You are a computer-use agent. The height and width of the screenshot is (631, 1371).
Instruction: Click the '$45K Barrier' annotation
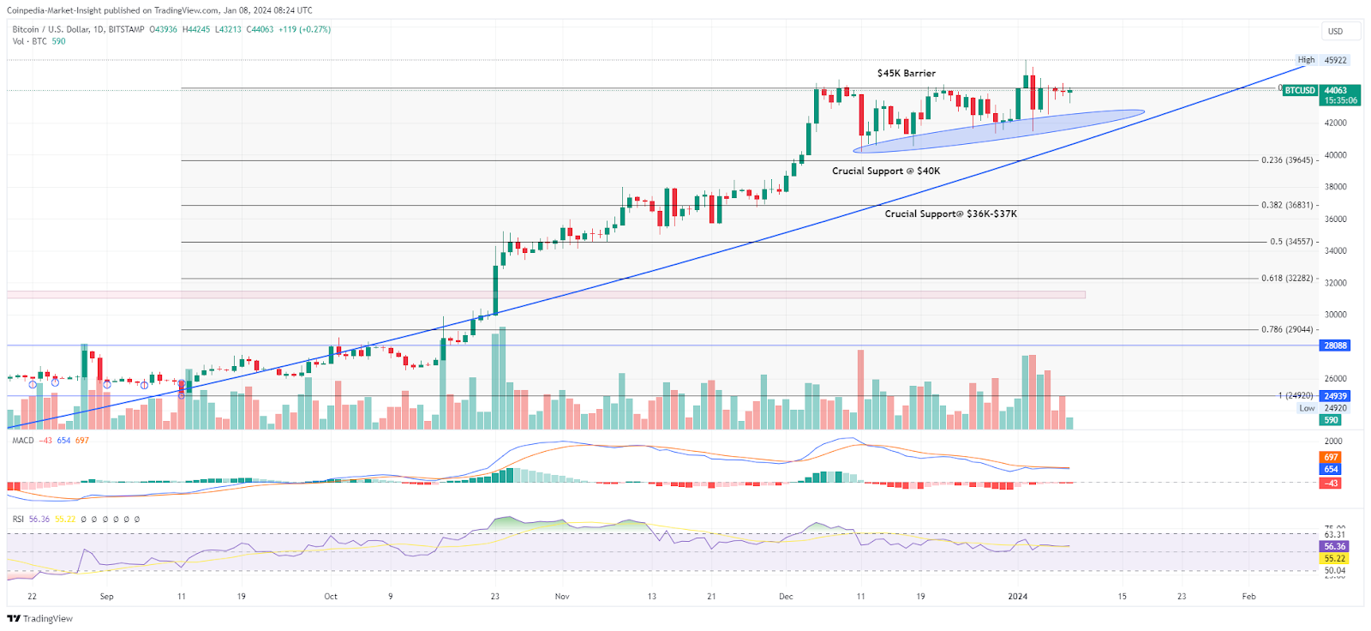[x=906, y=74]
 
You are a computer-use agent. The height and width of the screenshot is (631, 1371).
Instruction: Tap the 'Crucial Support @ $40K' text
[x=885, y=171]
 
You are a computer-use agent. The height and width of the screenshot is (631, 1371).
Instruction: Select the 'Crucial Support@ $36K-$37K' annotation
[x=950, y=214]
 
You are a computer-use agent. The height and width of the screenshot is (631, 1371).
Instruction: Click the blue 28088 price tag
[x=1335, y=346]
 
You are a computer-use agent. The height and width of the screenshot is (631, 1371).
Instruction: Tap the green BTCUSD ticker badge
[x=1299, y=91]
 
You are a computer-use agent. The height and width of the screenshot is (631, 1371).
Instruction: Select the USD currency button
[x=1335, y=32]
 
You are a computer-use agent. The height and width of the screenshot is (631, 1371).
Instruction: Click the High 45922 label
[x=1322, y=61]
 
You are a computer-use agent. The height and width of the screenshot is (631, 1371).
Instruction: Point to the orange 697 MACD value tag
[x=1331, y=458]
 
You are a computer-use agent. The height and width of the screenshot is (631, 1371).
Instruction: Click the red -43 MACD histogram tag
[x=1331, y=484]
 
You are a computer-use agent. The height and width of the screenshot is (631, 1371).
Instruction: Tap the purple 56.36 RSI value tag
[x=1334, y=546]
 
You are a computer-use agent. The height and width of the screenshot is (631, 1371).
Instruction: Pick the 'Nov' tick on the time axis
[x=562, y=597]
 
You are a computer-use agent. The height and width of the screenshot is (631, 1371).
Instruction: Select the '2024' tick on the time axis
[x=1017, y=597]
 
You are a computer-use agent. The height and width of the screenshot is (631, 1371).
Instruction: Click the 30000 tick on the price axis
[x=1335, y=315]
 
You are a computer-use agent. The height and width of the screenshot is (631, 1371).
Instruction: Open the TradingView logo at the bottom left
[x=40, y=619]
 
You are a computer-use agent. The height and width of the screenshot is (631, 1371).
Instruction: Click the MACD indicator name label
[x=23, y=441]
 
